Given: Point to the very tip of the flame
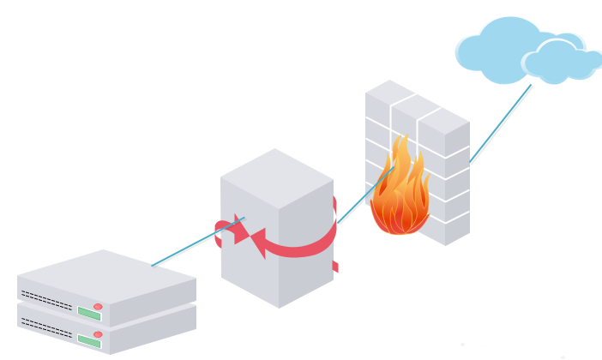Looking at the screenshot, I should (x=398, y=136).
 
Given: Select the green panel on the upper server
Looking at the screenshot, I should (x=88, y=313).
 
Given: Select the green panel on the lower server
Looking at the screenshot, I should (x=88, y=341).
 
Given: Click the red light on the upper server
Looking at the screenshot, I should (x=98, y=306).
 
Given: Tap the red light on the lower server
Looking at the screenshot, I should (x=98, y=334).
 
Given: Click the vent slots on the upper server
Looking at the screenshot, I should (x=46, y=300).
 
